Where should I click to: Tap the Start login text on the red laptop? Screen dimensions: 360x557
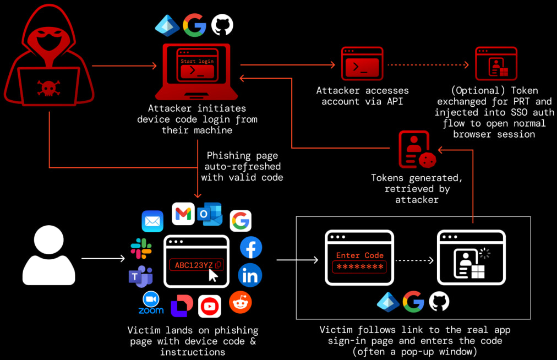coord(196,61)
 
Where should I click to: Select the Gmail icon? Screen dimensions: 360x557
coord(183,214)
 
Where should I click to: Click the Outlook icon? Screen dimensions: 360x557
coord(210,214)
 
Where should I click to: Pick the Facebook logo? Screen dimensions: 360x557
coord(251,248)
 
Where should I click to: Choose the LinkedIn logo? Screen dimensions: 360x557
coord(250,275)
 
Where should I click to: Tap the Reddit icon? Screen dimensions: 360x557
coord(241,302)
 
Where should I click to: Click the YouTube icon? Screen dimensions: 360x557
coord(210,307)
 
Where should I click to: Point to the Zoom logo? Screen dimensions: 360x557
coord(151,303)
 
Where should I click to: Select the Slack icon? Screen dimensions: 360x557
coord(141,249)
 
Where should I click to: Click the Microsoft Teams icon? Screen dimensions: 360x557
coord(140,276)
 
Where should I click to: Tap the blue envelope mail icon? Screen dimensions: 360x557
coord(152,221)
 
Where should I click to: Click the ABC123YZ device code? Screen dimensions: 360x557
coord(194,265)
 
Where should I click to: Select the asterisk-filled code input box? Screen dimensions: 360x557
coord(359,268)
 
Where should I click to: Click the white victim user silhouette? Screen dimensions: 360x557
coord(48,257)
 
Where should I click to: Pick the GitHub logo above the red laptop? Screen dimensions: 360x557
coord(222,25)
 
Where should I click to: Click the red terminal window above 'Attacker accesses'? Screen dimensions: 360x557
coord(362,65)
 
